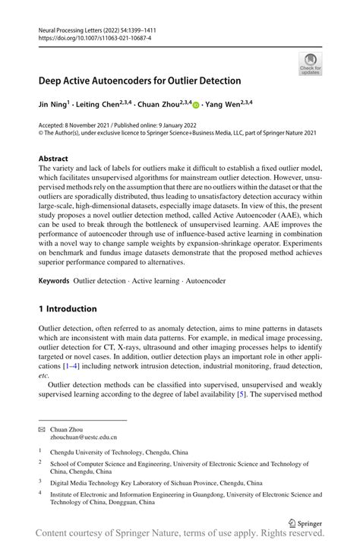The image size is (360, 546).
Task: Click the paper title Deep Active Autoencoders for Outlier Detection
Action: pos(140,80)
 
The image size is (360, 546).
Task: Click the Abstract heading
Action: pos(53,159)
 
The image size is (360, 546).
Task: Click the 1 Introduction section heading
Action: pos(68,309)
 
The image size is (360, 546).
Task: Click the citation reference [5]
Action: pos(241,394)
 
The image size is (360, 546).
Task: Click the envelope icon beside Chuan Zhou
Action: pos(42,429)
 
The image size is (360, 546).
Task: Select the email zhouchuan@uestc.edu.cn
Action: pos(85,437)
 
